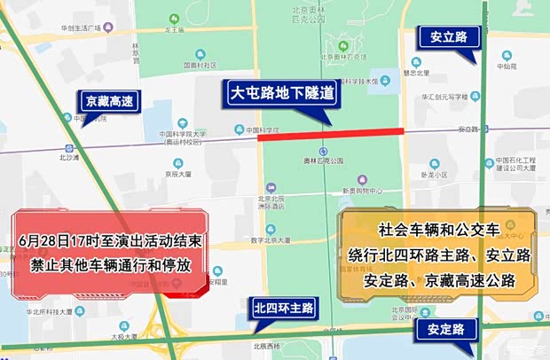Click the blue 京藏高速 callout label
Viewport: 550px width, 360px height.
pos(108,102)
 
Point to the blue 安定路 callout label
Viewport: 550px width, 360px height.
pos(445,330)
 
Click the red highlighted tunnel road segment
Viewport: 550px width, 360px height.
pos(331,134)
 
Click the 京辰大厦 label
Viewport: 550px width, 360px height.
pos(178,175)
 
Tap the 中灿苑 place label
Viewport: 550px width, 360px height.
pos(507,67)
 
